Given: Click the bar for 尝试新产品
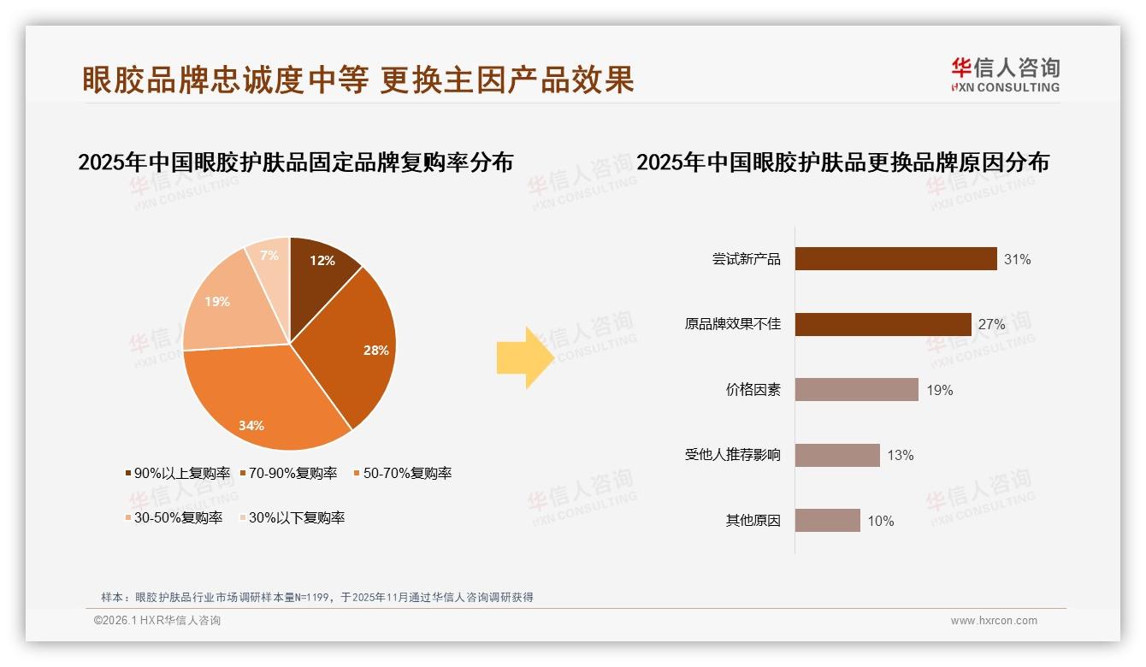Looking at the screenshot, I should click(895, 259).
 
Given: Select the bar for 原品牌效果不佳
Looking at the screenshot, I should click(883, 325).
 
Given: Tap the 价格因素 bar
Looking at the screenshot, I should click(856, 390).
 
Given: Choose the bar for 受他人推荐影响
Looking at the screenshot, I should click(837, 455).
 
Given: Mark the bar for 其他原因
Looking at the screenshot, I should click(827, 521).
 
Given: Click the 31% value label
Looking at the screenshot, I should click(1018, 259).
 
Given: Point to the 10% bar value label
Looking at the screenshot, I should click(881, 521).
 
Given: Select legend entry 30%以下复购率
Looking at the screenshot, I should click(296, 517).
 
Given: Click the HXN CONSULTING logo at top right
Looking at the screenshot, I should click(1005, 75).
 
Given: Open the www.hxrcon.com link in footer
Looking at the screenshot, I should click(994, 621).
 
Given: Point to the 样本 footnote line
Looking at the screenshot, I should click(317, 597).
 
